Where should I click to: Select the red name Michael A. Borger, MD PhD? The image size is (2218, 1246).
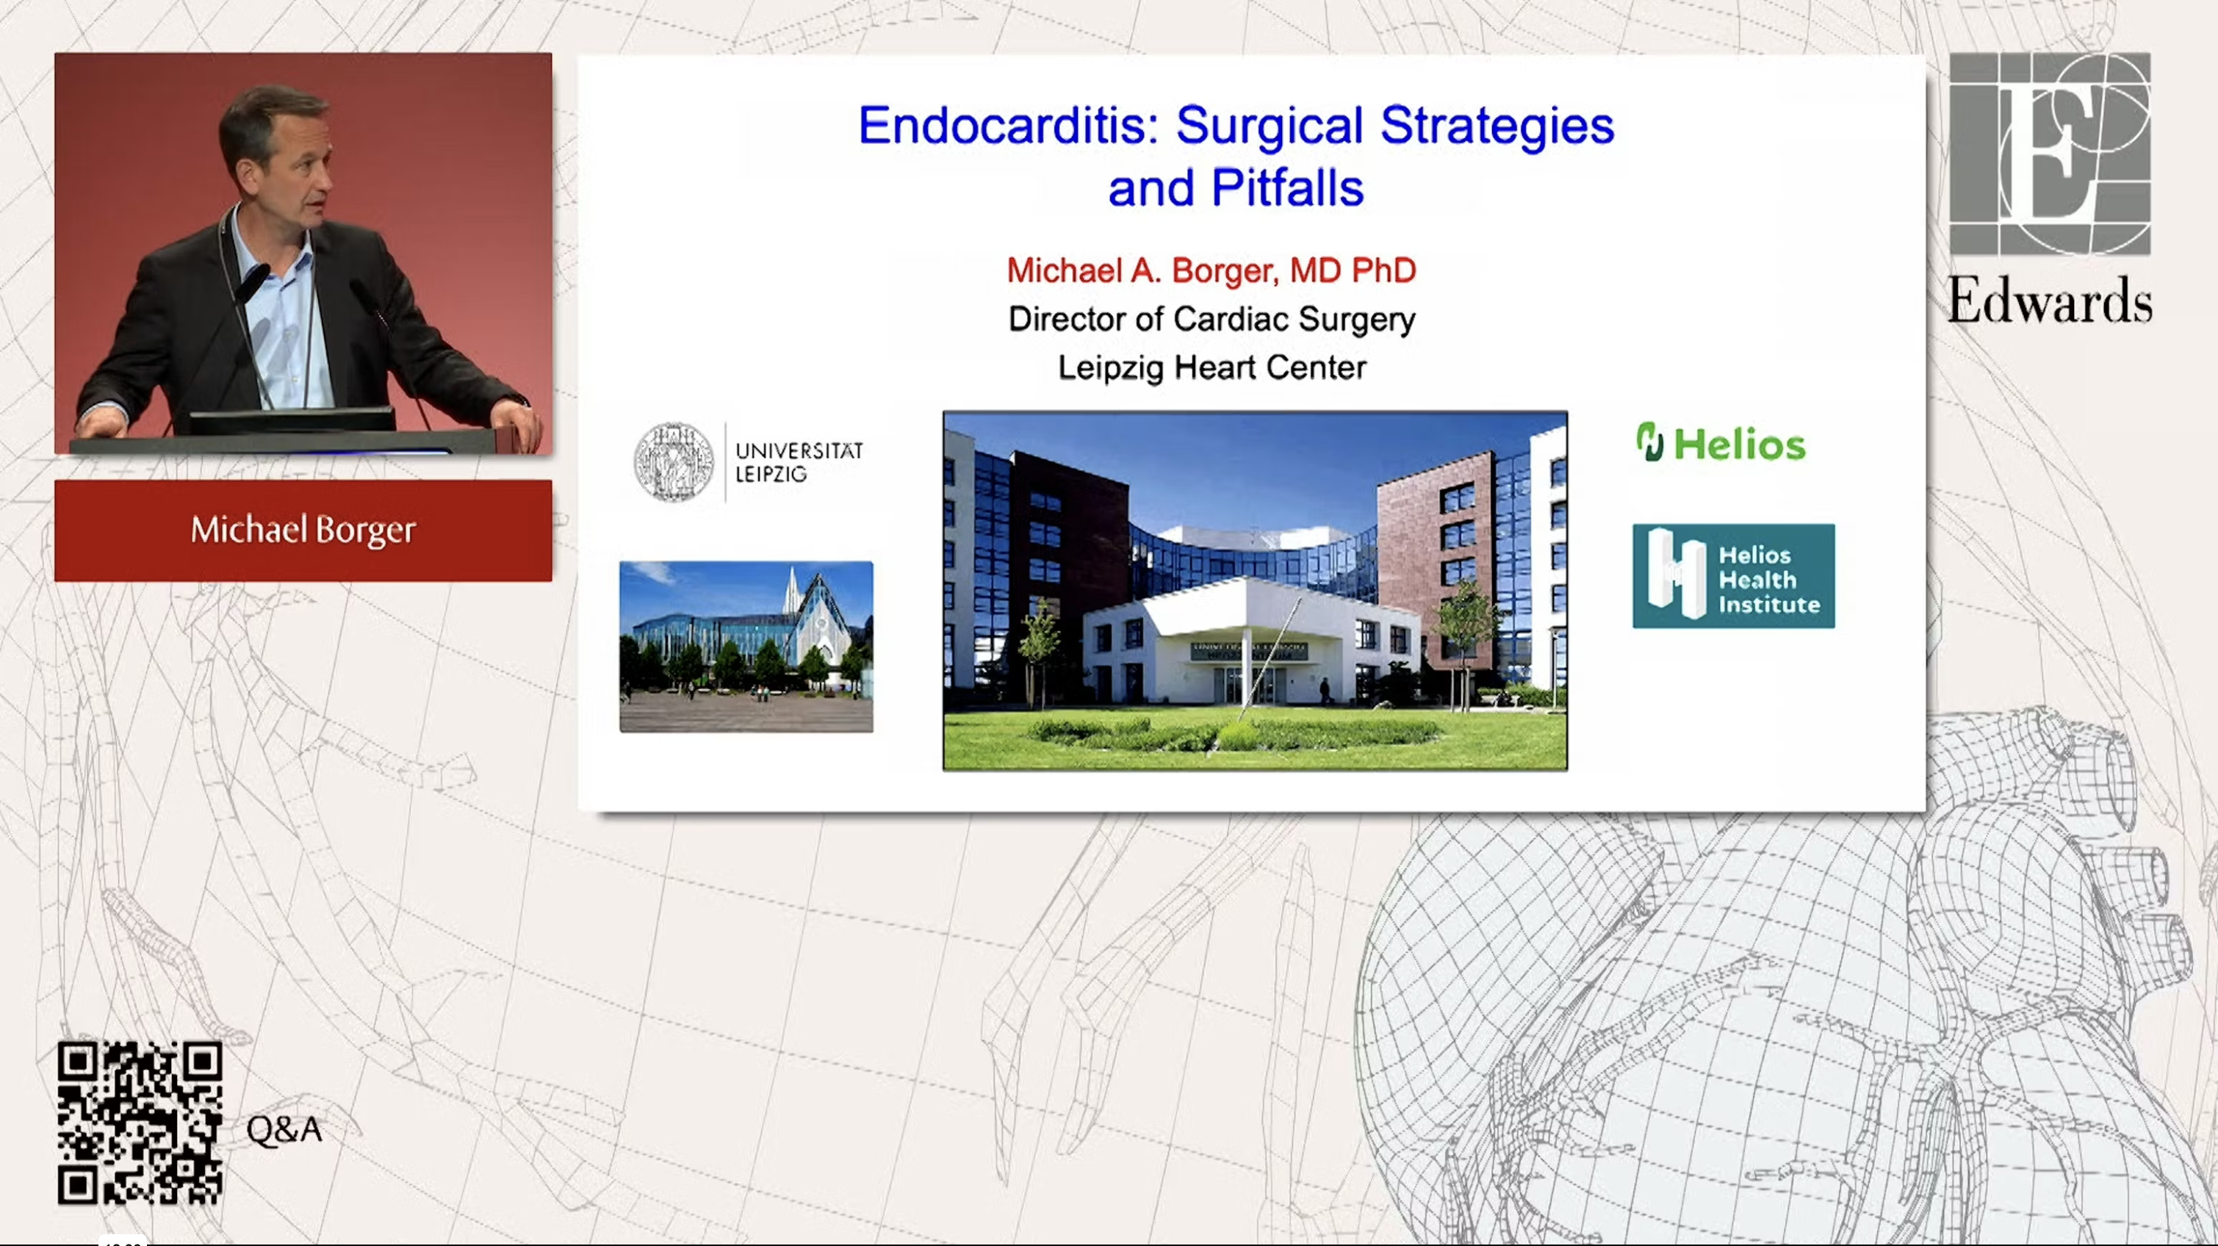click(1211, 270)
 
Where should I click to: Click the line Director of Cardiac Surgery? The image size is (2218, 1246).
click(1211, 320)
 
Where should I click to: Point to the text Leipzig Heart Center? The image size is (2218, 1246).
click(1211, 367)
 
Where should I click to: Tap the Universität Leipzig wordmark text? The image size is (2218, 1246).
click(798, 462)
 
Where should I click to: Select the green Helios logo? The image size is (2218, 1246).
click(1721, 444)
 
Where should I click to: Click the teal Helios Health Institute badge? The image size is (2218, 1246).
click(1733, 576)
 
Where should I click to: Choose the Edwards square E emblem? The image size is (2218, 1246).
click(2049, 154)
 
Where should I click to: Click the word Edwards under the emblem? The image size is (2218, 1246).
click(2049, 301)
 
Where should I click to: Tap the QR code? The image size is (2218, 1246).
click(140, 1123)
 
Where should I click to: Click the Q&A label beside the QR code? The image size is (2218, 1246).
click(284, 1130)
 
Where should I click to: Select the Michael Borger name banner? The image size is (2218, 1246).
click(303, 530)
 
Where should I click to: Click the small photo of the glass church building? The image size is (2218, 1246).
click(746, 647)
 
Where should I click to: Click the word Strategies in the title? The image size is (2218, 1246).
click(1497, 126)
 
